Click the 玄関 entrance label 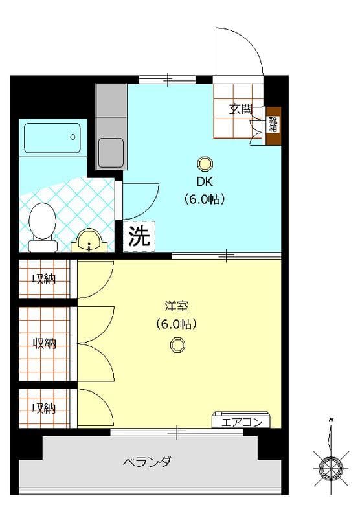point(240,109)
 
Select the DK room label point(205,181)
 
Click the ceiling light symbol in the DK point(205,162)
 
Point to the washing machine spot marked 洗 point(139,236)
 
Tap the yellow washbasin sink point(89,242)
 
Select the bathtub point(52,137)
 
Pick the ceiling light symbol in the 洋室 point(177,344)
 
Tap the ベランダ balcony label point(148,462)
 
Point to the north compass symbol point(331,464)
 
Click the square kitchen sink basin point(111,152)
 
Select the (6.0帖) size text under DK point(205,199)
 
